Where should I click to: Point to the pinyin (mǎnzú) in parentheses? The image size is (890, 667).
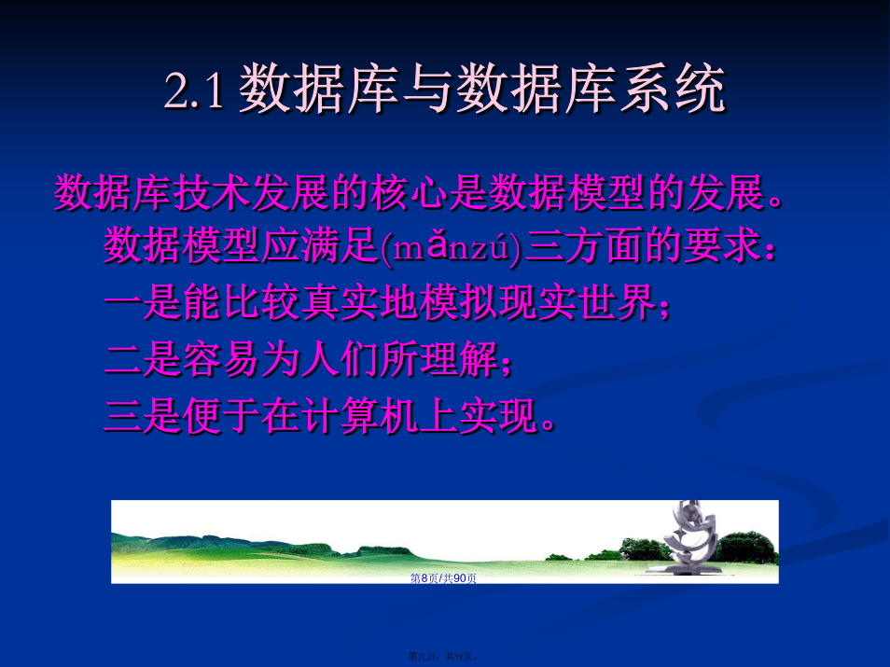point(451,247)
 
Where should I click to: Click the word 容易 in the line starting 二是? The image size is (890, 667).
point(221,358)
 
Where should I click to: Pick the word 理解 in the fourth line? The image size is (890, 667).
point(459,358)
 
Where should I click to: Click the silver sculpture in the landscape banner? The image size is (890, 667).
point(689,537)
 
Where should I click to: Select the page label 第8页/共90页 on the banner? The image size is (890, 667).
point(443,577)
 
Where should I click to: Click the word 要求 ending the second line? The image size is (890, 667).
point(722,246)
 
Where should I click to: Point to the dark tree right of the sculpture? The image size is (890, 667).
point(745,548)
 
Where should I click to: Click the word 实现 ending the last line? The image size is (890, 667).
point(498,415)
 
